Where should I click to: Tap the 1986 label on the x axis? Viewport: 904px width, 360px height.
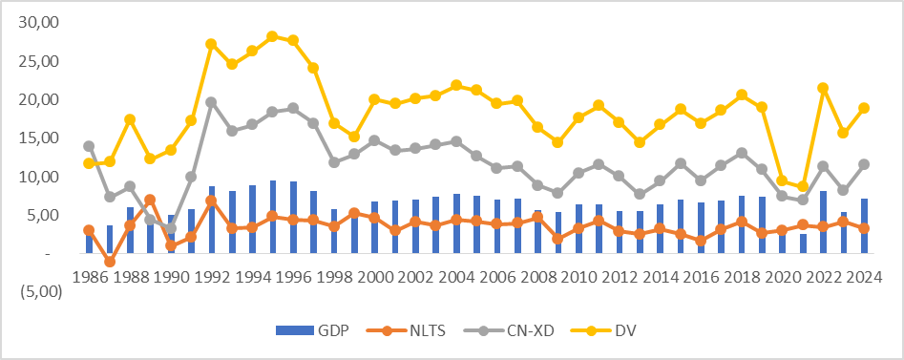tap(89, 278)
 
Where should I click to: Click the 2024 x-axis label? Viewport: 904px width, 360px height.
tap(864, 278)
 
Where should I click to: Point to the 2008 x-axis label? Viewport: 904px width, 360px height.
tap(537, 278)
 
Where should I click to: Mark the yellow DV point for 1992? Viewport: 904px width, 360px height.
tap(211, 44)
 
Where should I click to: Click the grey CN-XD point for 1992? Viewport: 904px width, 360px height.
tap(211, 102)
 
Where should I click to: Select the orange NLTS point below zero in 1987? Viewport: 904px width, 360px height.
tap(110, 262)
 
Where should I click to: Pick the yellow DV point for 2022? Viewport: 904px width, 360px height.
tap(823, 88)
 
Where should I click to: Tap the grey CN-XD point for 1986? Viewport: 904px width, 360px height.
tap(89, 146)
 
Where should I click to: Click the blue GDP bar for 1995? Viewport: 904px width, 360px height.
tap(272, 217)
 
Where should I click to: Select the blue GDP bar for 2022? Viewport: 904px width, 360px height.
tap(823, 222)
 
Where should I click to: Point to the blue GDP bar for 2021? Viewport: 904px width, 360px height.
tap(803, 244)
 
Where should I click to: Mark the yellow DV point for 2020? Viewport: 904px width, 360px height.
tap(783, 180)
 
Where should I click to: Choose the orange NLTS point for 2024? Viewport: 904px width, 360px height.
tap(864, 228)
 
